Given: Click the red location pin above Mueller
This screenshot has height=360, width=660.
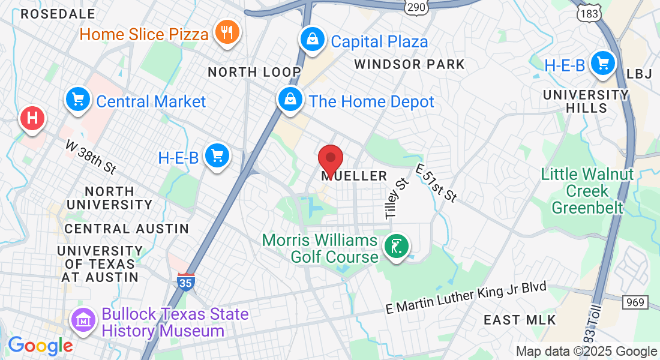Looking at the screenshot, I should coord(330,160).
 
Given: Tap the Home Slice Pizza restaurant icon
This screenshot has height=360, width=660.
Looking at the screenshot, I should coord(227,32).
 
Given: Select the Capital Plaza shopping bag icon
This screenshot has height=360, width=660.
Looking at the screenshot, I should coord(313,40).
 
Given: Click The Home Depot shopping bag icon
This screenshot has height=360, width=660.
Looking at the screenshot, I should coord(290,100).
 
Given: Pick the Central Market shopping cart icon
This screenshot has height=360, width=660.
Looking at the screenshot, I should coord(77,100).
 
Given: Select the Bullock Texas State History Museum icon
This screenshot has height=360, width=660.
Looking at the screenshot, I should coord(84,320).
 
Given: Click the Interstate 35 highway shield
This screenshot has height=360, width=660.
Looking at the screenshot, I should coord(186,281).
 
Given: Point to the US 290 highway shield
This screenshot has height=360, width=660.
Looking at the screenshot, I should coord(415,7).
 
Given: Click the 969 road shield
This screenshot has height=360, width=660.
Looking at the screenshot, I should coord(635,302).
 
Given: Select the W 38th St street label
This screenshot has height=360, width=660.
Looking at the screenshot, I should coord(91,157).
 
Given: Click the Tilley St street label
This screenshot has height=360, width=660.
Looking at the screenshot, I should coord(395,197).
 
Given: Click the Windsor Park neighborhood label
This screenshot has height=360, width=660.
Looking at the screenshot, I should coord(409,64).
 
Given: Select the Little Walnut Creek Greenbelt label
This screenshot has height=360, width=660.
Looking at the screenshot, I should coord(587,191).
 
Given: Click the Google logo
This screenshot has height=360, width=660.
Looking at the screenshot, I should coord(40,346).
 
